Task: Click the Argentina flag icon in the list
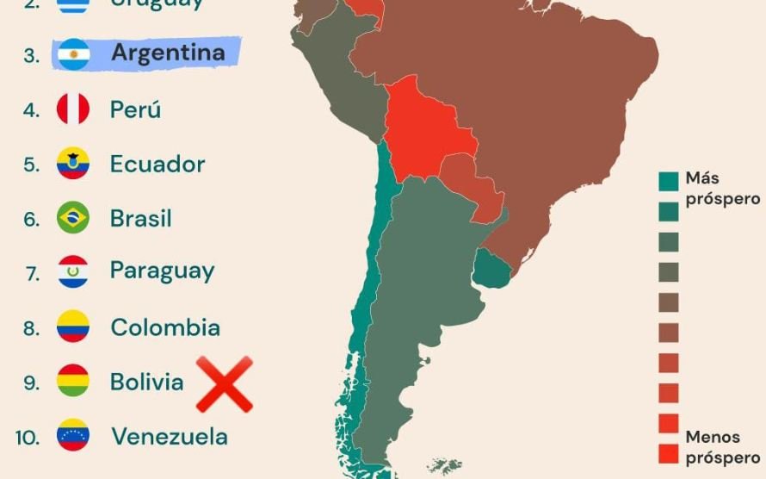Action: pos(73,54)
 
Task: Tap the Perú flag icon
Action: pos(73,109)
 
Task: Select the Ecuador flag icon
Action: pos(73,164)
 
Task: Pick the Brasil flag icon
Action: pos(73,217)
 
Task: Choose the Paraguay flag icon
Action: pos(73,271)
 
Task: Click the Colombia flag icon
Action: pos(73,327)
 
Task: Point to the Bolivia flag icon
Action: pos(73,381)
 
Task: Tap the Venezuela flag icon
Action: pos(73,435)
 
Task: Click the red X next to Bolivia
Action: pos(225,384)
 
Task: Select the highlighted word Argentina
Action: pos(168,53)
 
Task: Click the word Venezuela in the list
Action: pos(169,436)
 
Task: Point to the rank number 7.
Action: pos(33,273)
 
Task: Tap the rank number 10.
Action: pos(28,437)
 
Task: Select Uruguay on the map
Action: pos(491,269)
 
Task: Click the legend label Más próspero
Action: pos(721,189)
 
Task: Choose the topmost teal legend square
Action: pos(669,181)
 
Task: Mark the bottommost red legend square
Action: pos(669,453)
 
